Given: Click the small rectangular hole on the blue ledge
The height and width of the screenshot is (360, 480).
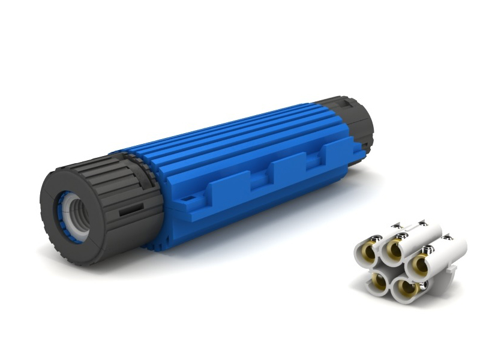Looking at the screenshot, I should pos(190,197).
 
